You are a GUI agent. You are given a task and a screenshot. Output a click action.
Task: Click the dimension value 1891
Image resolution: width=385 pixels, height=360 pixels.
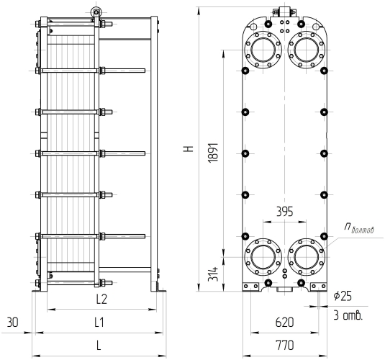click(x=213, y=153)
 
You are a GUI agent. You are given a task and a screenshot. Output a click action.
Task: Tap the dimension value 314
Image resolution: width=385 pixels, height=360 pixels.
click(x=213, y=274)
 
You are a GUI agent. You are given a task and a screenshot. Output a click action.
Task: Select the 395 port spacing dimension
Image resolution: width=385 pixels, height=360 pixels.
click(x=285, y=212)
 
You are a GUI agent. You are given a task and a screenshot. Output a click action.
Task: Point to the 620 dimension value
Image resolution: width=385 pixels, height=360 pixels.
click(x=284, y=323)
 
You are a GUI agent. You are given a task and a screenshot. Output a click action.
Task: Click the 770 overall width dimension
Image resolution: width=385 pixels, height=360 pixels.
click(x=284, y=345)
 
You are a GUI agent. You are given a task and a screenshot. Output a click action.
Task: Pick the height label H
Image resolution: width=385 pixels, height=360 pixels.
click(x=189, y=148)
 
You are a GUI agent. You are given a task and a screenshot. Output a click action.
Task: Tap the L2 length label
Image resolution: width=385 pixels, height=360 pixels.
click(x=101, y=299)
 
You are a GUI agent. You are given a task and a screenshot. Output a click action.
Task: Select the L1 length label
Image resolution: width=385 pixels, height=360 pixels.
click(x=99, y=322)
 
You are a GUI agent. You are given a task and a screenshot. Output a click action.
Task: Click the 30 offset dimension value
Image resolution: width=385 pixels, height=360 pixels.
click(x=12, y=322)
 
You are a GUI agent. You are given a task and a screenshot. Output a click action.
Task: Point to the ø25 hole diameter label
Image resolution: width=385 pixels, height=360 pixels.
click(x=343, y=296)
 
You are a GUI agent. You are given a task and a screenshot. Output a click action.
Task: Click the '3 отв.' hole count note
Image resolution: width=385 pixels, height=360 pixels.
click(x=348, y=315)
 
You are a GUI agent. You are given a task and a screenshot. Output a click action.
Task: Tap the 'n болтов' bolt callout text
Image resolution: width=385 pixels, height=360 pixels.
click(x=358, y=228)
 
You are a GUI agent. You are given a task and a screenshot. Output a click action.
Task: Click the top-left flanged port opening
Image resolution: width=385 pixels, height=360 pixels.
click(x=263, y=50)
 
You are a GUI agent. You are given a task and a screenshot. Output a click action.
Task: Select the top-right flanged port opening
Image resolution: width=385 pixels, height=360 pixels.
click(x=306, y=50)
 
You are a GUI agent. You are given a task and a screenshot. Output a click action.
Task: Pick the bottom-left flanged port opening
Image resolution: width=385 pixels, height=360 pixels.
click(x=263, y=257)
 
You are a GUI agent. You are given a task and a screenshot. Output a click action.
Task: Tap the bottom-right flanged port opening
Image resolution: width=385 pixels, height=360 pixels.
click(x=306, y=257)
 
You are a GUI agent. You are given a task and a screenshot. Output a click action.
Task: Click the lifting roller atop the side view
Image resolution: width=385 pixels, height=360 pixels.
click(x=96, y=12)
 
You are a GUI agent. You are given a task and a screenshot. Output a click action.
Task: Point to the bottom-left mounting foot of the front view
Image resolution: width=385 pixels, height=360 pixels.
click(x=250, y=287)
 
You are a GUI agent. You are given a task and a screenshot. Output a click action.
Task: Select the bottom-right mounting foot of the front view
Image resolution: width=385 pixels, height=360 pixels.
click(x=319, y=287)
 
